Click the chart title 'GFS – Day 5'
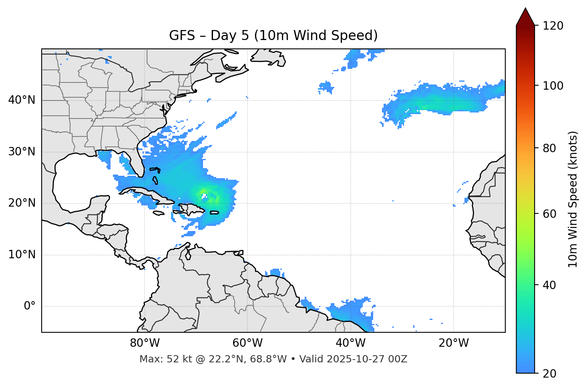click(273, 36)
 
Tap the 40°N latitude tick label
click(22, 100)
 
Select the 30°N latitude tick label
click(22, 152)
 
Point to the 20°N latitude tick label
click(22, 203)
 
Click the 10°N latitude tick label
click(22, 255)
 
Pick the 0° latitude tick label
click(29, 306)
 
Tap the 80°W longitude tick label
click(145, 343)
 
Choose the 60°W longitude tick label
click(247, 343)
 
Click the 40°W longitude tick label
click(350, 343)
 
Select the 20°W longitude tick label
click(453, 343)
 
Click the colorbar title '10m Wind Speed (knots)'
click(573, 199)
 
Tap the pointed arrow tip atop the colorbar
click(525, 9)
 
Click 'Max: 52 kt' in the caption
click(158, 359)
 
